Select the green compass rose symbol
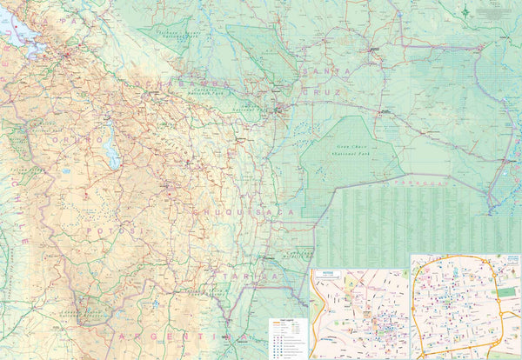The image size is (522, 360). [466, 11]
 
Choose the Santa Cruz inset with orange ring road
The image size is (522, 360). [465, 307]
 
